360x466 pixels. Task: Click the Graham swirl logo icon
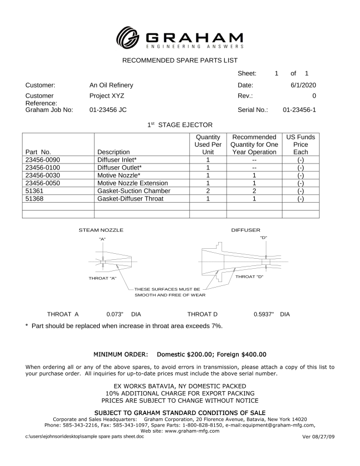[x=128, y=37]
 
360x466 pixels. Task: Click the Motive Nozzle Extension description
[x=132, y=183]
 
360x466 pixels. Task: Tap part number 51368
[x=35, y=198]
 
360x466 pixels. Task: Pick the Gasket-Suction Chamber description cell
[x=133, y=191]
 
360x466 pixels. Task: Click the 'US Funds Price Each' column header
[x=300, y=144]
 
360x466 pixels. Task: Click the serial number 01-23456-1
[x=299, y=110]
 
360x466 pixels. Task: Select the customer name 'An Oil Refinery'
[x=111, y=85]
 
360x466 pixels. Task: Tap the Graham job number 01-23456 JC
[x=108, y=110]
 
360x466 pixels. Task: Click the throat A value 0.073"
[x=115, y=314]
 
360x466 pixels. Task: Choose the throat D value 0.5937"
[x=264, y=314]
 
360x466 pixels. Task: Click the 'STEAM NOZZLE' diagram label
[x=101, y=229]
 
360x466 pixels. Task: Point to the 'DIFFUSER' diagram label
[x=245, y=229]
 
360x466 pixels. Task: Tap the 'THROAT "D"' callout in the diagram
[x=249, y=276]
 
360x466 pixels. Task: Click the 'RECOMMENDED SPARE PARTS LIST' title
[x=179, y=60]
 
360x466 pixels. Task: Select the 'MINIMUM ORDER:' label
[x=120, y=354]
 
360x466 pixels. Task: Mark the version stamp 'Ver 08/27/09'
[x=318, y=437]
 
